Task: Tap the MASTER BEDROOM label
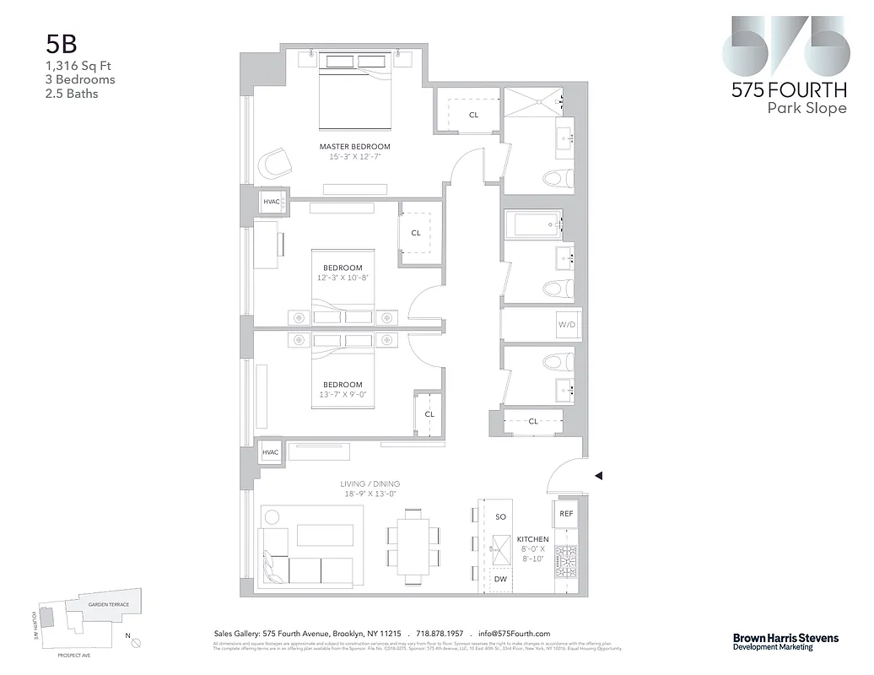pos(354,147)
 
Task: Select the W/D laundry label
pos(565,325)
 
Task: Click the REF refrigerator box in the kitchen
pos(566,513)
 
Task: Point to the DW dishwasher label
pos(499,580)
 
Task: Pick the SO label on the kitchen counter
pos(500,516)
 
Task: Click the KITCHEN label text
pos(532,539)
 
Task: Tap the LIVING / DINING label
pos(370,484)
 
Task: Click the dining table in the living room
pos(413,545)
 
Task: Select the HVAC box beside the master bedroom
pos(271,202)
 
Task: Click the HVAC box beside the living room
pos(270,452)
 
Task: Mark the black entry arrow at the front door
pos(598,476)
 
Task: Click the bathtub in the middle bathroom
pos(531,225)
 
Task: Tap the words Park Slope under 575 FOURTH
pos(806,108)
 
